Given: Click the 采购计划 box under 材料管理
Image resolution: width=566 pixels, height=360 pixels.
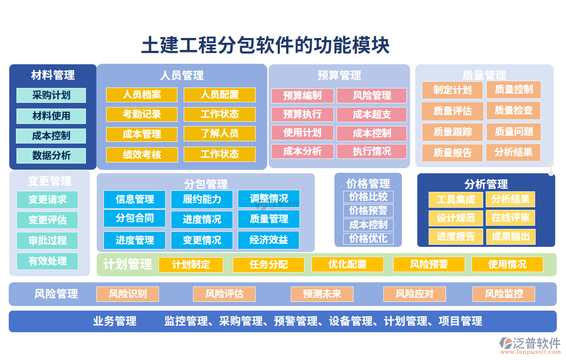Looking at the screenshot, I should tap(51, 96).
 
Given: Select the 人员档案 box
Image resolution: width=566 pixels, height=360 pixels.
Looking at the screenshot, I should tap(141, 95).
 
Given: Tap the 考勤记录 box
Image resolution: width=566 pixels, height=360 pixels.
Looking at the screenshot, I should tap(141, 114).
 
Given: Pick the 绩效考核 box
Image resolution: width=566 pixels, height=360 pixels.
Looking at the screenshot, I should tap(141, 154).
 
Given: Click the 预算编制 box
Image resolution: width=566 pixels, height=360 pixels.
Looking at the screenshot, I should tap(302, 96).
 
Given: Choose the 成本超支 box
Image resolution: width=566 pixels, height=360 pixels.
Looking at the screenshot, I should tap(372, 114).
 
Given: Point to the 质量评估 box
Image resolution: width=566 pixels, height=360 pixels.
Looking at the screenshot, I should tap(452, 111).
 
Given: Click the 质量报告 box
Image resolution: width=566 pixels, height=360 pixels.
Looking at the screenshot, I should tap(452, 153).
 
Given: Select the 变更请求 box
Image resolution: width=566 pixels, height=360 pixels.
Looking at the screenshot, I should tap(47, 200).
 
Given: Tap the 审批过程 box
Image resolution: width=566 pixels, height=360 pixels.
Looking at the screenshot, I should tap(47, 240).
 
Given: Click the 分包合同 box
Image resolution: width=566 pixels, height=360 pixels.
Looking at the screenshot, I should tap(134, 218).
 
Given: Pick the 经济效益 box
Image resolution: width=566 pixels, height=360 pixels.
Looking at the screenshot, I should tap(268, 240).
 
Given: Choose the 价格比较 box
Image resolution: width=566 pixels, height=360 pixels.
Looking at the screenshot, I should tap(368, 197).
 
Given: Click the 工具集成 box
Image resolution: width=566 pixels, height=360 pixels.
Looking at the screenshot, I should tap(455, 200).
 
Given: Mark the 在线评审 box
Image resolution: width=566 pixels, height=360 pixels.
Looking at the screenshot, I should tap(510, 218).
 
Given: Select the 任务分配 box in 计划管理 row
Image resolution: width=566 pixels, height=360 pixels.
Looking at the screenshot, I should tap(268, 264).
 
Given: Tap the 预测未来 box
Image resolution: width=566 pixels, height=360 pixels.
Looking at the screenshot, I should tap(322, 294).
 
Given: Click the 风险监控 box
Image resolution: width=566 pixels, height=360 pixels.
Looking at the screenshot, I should tap(504, 294).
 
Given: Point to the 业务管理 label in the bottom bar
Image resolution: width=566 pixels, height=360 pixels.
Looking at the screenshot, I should tap(114, 321).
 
